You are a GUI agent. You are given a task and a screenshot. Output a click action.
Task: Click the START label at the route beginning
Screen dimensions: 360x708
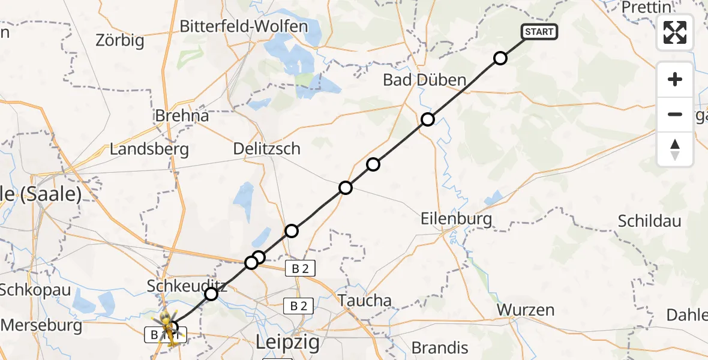point(539,32)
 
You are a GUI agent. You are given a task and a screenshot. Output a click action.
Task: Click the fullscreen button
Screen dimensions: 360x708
point(675,32)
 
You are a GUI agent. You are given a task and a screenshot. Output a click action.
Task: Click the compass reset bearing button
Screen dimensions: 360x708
point(675,149)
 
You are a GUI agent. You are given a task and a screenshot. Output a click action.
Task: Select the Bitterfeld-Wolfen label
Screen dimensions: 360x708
point(244,26)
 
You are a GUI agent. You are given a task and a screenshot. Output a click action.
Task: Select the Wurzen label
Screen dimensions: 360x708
point(526,310)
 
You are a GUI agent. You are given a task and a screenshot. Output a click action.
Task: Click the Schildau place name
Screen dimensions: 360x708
point(650,221)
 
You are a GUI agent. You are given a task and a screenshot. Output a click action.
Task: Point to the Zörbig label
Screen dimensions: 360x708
point(120,41)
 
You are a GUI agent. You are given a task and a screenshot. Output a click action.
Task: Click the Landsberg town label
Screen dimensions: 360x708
point(149,149)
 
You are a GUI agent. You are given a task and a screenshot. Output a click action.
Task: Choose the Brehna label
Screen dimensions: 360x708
point(182,115)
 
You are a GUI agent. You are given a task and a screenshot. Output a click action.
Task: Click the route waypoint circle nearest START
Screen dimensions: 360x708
point(500,58)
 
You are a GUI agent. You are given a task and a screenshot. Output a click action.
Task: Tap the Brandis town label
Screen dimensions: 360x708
point(440,347)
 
